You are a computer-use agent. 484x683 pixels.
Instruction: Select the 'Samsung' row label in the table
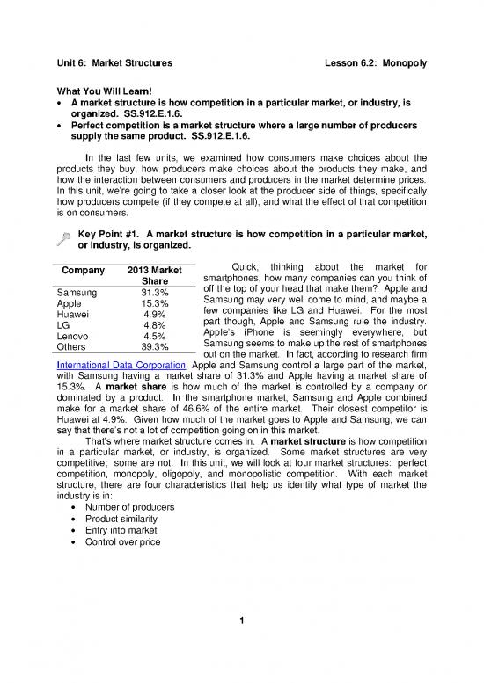pyautogui.click(x=77, y=294)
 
